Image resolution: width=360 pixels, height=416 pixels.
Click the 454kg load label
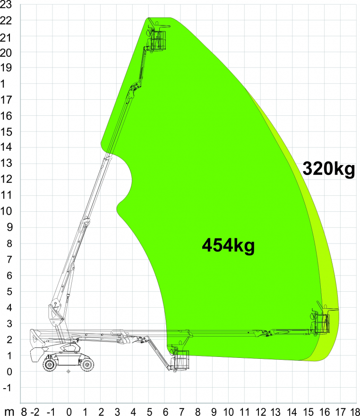coord(228,246)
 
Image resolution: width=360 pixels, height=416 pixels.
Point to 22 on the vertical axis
coord(6,20)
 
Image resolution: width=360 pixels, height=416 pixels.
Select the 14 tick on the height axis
coord(6,147)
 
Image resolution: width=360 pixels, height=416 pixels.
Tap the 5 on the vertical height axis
coord(9,292)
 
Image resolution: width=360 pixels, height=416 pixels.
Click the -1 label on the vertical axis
coord(7,388)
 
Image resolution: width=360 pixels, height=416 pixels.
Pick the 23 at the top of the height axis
coord(6,5)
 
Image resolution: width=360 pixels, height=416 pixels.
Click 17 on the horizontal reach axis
coord(341,411)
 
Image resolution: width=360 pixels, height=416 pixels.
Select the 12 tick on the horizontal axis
coord(261,411)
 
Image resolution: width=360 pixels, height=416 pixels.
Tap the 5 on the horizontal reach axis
coord(149,411)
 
